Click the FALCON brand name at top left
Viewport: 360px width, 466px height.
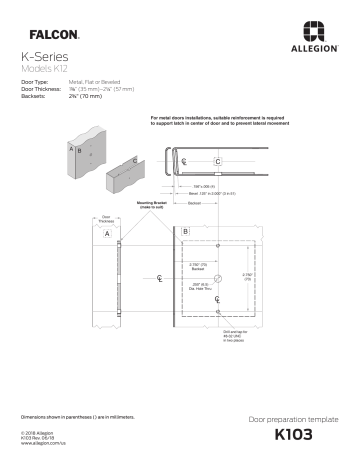(x=47, y=33)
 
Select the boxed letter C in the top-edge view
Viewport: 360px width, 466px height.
(x=218, y=161)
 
